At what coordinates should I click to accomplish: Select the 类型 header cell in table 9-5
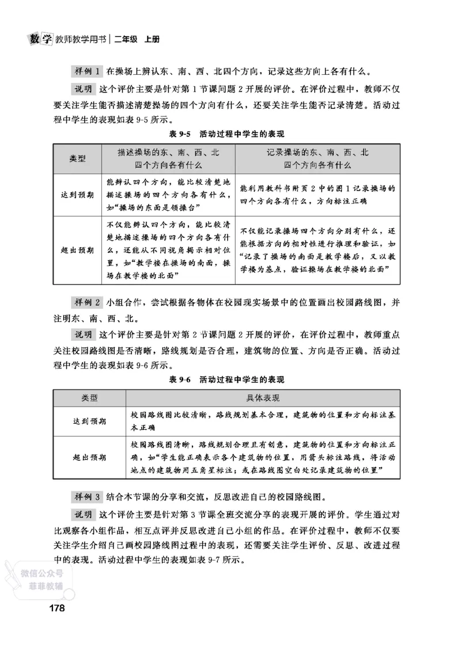[77, 158]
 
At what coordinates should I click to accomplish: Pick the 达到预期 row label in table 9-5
[77, 195]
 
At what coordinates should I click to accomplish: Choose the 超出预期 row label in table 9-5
[77, 250]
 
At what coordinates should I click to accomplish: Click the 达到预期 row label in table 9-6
[89, 422]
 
